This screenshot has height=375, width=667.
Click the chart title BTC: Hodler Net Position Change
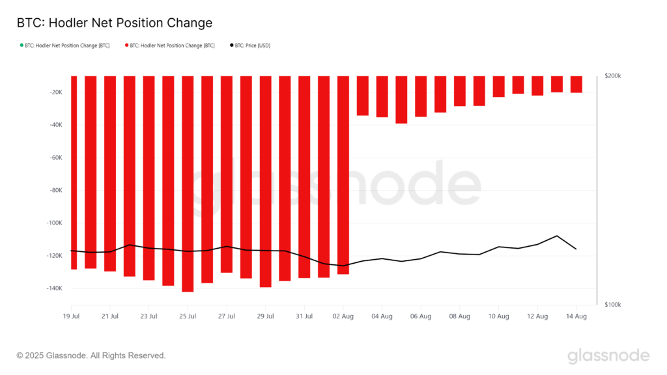(x=114, y=23)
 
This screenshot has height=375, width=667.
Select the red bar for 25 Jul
(x=188, y=182)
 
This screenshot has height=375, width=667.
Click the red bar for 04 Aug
(x=382, y=96)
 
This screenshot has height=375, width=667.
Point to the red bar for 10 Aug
(x=499, y=87)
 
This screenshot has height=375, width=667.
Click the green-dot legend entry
(x=65, y=46)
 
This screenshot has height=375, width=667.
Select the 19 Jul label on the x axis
(x=71, y=316)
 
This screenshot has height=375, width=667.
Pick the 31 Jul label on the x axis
(x=304, y=316)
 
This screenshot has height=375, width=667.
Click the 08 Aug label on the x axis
(x=460, y=316)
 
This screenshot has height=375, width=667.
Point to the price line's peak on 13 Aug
(x=557, y=236)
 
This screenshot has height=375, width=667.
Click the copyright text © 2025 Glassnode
(x=91, y=355)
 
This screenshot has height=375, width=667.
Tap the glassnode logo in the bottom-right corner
(x=608, y=355)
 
